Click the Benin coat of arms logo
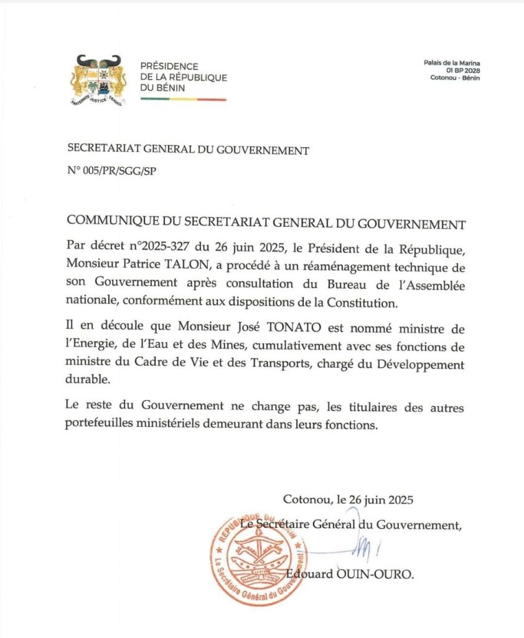click(x=98, y=79)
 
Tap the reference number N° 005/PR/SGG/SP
click(x=111, y=171)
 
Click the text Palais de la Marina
click(x=452, y=63)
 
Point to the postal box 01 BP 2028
click(x=461, y=70)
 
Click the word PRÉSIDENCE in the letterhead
click(x=169, y=66)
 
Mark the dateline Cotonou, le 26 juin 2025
click(x=348, y=499)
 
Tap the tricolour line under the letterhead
click(x=183, y=99)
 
